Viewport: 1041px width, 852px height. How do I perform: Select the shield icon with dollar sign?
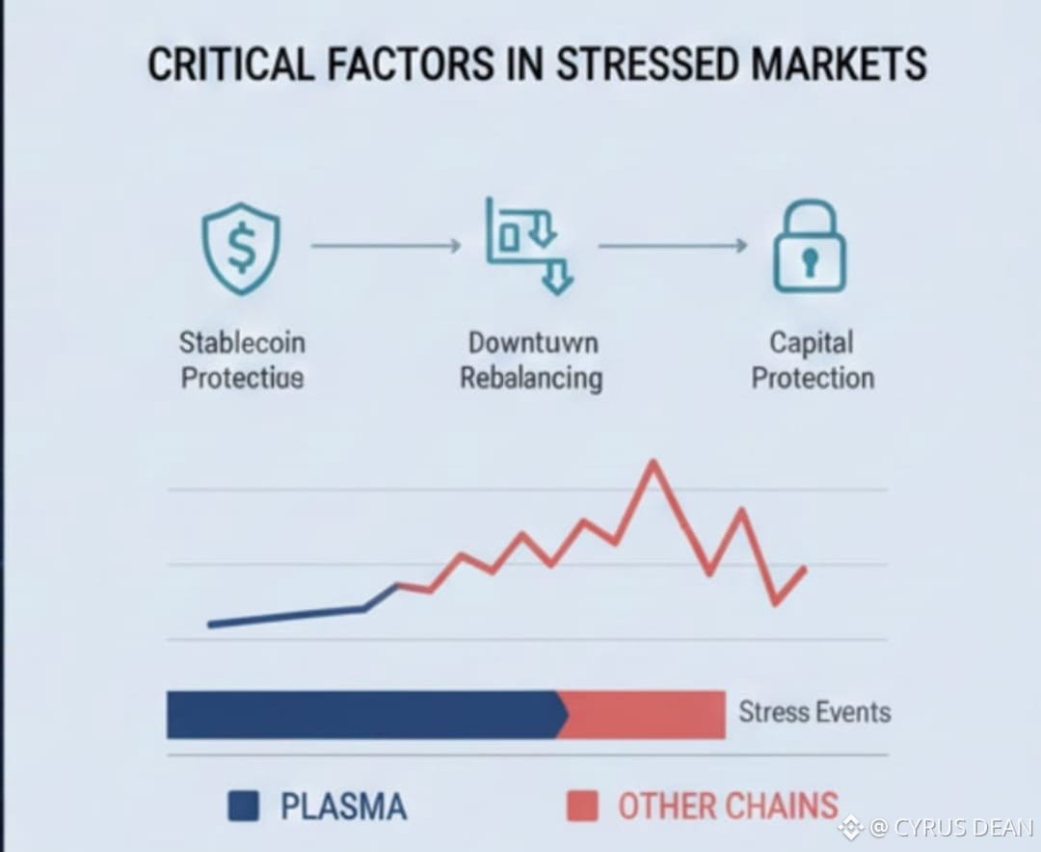[241, 247]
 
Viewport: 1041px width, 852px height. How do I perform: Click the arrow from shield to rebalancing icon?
[386, 247]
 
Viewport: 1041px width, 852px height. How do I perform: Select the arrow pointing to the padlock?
[673, 247]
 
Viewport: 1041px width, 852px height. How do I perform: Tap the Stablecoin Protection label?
[242, 359]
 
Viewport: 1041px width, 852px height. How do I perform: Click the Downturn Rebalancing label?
[531, 359]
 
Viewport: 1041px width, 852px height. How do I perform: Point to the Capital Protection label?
[812, 359]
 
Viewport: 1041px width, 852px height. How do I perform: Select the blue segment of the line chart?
[289, 615]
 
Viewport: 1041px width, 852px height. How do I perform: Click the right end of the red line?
[804, 569]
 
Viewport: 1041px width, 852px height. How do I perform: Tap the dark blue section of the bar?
[361, 714]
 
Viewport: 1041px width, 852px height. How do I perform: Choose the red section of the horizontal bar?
[644, 714]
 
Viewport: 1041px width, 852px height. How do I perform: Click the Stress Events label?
[814, 712]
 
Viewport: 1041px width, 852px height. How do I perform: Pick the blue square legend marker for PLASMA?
[243, 806]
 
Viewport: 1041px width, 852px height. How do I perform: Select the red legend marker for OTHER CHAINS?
[582, 806]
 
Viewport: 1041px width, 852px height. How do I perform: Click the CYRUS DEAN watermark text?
[950, 827]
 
